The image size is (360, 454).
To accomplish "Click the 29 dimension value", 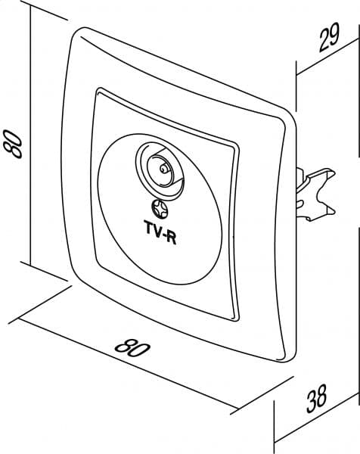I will click(327, 38).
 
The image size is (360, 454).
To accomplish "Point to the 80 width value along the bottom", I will click(132, 349).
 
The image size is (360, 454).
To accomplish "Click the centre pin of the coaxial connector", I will click(161, 171).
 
